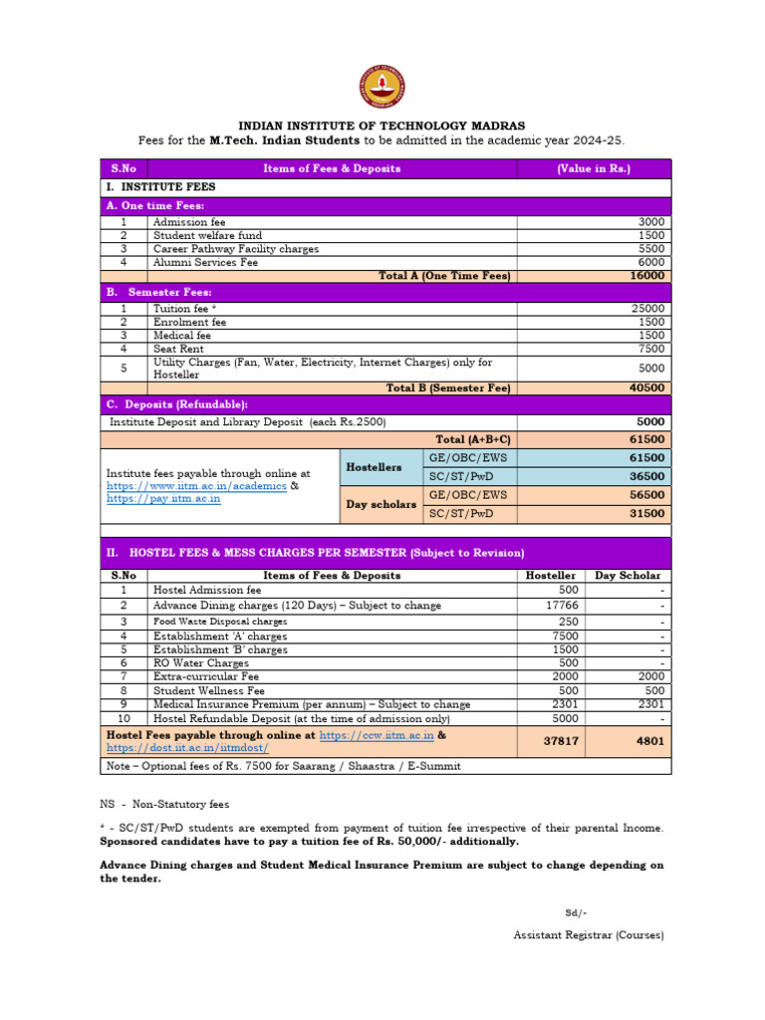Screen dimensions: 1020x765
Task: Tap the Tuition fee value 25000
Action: coord(648,309)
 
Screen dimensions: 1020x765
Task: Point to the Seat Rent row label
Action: coord(178,350)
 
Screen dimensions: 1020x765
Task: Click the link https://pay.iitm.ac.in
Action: coord(163,498)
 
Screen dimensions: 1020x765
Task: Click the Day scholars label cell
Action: coord(381,504)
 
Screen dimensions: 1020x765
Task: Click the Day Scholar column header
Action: coord(628,576)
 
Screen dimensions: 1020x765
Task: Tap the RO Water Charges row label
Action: coord(201,662)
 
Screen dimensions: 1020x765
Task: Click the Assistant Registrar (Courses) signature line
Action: coord(588,935)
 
